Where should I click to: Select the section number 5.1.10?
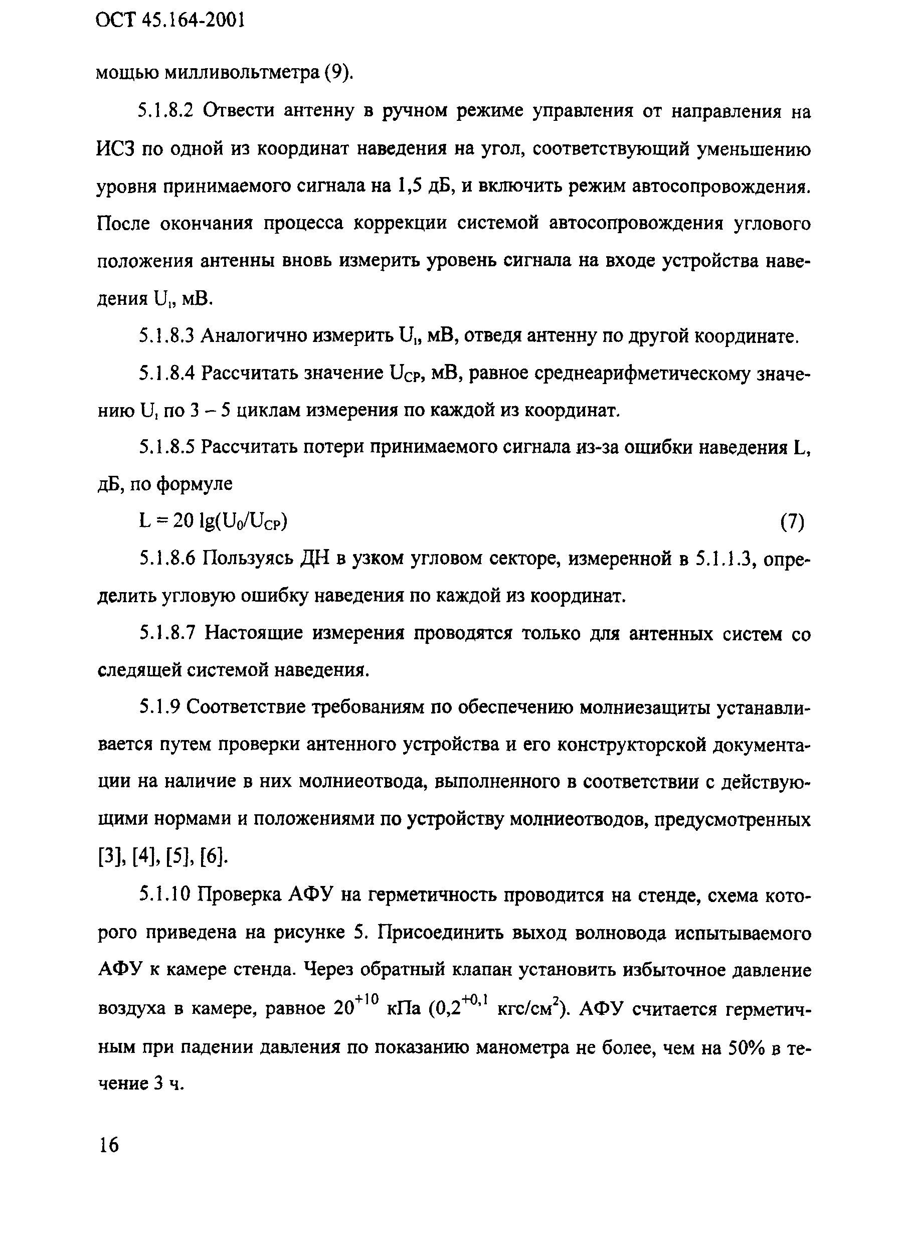coord(165,894)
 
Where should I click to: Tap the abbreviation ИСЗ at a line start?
coord(116,149)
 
